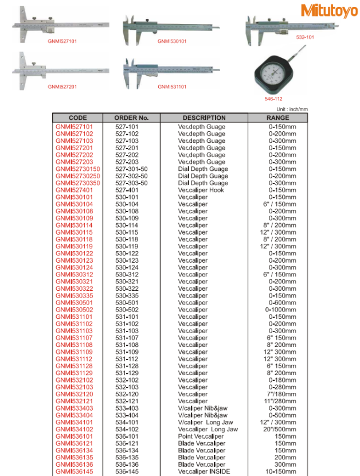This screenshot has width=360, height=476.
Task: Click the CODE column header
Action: point(77,118)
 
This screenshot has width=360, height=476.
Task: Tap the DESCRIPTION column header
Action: point(204,118)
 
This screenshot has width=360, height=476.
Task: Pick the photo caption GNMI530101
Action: point(172,41)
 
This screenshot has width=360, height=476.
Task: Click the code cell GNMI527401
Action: point(75,190)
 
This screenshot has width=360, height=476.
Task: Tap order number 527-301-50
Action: point(132,169)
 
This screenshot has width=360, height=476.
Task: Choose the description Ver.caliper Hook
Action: point(201,190)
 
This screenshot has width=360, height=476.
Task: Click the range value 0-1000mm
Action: point(282,310)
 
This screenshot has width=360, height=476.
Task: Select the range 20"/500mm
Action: point(282,430)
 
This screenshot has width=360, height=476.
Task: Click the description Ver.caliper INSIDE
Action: point(204,471)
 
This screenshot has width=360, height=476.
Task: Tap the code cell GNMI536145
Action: point(75,471)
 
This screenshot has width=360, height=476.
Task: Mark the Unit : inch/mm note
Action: point(292,109)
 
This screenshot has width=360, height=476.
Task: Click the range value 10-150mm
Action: point(282,471)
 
